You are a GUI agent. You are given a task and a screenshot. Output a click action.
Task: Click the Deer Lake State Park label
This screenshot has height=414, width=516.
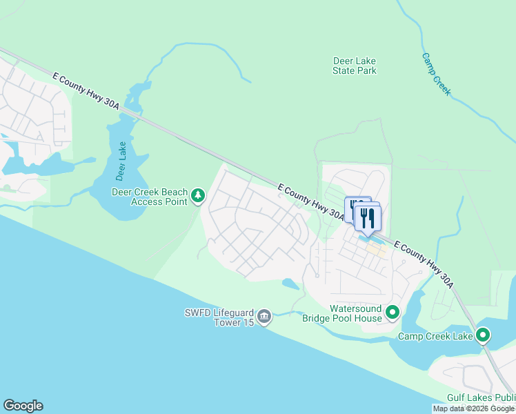[x=355, y=66]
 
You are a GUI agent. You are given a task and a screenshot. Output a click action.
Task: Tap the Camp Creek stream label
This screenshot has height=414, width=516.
[x=437, y=75]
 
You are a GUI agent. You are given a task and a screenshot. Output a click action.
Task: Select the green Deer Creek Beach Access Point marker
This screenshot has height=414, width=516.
[x=198, y=197]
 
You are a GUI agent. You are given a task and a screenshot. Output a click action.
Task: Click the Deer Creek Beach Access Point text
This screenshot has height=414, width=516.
[x=150, y=197]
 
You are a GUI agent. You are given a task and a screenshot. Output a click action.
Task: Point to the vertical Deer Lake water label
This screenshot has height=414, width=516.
[x=122, y=161]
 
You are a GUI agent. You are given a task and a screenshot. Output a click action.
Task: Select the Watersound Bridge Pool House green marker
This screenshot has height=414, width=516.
[x=393, y=313]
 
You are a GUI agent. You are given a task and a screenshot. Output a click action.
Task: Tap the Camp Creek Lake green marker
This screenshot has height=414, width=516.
[x=483, y=336]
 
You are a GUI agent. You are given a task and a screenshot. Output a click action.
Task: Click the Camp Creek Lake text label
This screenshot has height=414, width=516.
[x=435, y=337]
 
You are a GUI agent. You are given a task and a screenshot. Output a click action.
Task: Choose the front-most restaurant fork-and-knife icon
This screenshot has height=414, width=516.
[x=368, y=218]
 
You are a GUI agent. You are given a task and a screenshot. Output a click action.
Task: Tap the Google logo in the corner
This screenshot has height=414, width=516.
[x=23, y=406]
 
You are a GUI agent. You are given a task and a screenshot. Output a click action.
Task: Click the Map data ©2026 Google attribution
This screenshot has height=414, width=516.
[x=473, y=408]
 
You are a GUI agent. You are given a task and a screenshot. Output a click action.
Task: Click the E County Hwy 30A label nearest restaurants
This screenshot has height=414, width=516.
[x=310, y=201]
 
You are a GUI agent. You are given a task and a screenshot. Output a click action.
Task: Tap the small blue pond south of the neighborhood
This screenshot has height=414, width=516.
[x=290, y=284]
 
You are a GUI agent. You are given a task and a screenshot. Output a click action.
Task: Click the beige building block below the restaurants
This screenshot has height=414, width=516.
[x=376, y=250]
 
